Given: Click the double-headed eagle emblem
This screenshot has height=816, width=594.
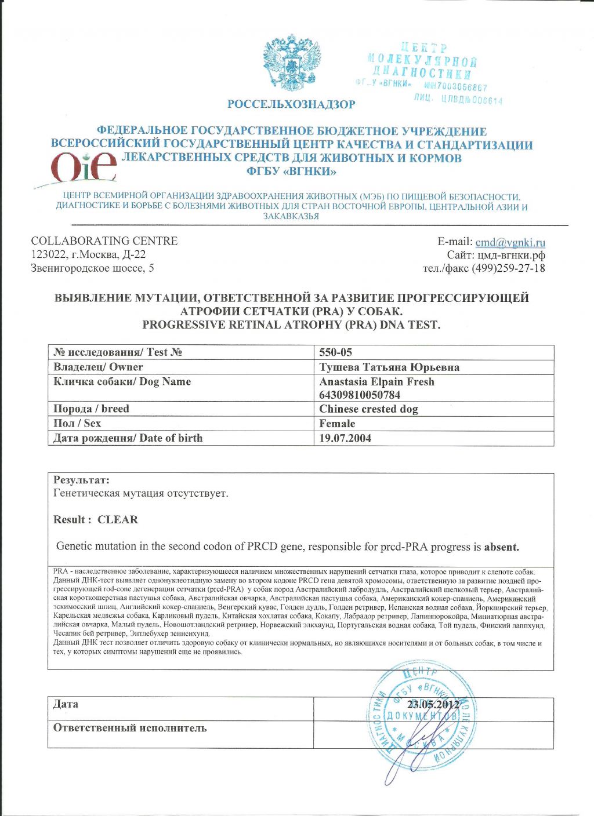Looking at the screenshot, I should click(293, 62).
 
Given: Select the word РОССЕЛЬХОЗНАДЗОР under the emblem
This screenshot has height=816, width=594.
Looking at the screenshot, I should click(291, 104).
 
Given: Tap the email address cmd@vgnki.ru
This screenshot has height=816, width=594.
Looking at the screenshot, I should click(510, 242).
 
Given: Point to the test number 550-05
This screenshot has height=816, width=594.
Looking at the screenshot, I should click(335, 352).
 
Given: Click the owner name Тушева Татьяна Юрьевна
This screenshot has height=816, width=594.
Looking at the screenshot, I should click(389, 367).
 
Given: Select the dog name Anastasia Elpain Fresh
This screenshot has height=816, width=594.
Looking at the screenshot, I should click(376, 382).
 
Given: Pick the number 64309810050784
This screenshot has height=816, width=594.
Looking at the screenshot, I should click(360, 395).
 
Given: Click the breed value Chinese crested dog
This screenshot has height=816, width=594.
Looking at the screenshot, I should click(368, 409).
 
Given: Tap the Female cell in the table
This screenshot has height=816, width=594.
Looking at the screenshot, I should click(337, 424).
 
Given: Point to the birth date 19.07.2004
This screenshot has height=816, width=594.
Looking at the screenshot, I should click(345, 438).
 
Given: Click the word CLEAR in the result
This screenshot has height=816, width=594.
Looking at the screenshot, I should click(118, 519).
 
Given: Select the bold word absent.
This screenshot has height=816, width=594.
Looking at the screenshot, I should click(501, 547).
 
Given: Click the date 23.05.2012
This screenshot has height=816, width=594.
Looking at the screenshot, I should click(433, 705).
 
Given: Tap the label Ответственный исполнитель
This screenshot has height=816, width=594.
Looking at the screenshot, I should click(129, 728).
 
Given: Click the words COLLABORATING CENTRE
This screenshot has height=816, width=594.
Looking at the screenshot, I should click(104, 241).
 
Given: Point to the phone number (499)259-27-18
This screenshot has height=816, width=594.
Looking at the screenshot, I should click(508, 268).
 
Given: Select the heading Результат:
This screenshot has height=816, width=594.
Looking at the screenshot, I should click(81, 480).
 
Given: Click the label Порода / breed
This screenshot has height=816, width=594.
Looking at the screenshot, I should click(91, 409).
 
